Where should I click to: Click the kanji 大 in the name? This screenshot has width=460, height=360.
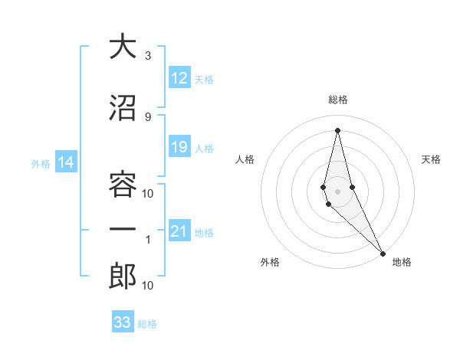[123, 47]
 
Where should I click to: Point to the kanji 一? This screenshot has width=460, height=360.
[123, 231]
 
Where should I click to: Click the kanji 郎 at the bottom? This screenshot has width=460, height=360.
[123, 277]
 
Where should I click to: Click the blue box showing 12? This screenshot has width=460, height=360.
[179, 78]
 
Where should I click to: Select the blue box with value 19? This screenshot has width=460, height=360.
[179, 147]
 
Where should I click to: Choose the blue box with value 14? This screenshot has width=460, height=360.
[66, 162]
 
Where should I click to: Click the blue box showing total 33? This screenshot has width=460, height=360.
[123, 322]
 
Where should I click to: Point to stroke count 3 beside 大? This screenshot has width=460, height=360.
[148, 56]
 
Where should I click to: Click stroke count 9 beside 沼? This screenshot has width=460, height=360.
[148, 116]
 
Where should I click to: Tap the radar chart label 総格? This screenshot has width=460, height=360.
[338, 100]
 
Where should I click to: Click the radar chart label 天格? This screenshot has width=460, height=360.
[431, 159]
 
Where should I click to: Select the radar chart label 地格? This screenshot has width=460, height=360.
[402, 262]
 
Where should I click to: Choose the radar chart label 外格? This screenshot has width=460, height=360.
[270, 262]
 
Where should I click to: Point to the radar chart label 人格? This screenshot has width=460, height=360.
[245, 159]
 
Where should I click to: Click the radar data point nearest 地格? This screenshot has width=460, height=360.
[383, 252]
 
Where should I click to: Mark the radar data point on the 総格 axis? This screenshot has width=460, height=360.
[338, 130]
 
